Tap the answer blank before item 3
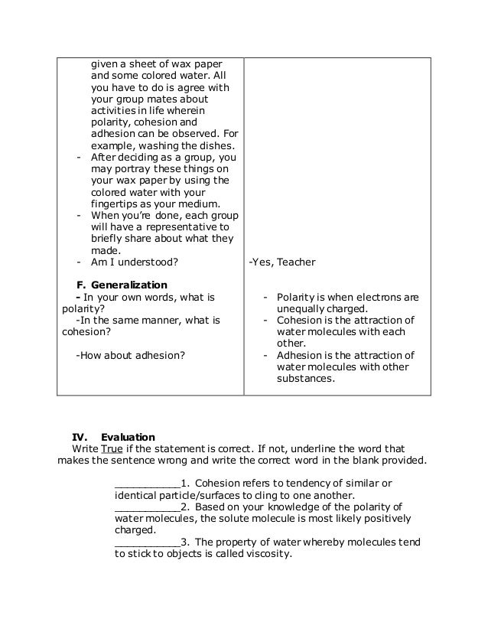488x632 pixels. [146, 542]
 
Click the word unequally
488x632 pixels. [303, 308]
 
